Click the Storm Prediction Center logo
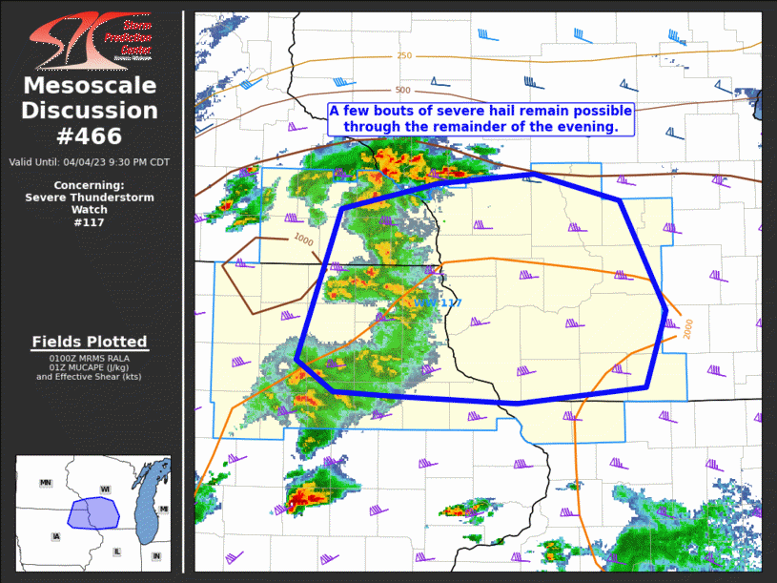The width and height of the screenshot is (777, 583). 91,41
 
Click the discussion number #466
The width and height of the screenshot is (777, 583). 90,136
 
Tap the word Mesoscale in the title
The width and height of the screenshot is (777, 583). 90,87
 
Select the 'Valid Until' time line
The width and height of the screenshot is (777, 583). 90,162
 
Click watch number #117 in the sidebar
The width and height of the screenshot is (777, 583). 90,222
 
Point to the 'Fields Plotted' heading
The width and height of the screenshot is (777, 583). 90,342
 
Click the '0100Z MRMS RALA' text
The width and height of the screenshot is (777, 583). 90,358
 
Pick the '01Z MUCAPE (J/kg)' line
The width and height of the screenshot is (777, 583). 90,367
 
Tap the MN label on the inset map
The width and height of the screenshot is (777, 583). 45,484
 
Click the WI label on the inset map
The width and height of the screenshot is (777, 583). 105,489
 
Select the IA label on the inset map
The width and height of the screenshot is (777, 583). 55,537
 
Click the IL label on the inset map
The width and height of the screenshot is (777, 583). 117,552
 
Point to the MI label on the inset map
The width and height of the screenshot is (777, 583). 163,510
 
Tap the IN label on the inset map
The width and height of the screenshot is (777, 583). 156,555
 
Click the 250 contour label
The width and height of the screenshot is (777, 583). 404,56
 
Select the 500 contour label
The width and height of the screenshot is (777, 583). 402,91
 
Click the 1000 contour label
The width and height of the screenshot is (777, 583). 303,239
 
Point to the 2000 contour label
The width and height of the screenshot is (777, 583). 686,328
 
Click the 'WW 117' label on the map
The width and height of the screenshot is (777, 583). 439,303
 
